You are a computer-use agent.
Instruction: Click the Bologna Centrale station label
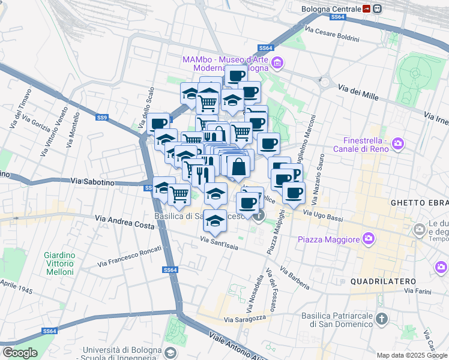pos(331,9)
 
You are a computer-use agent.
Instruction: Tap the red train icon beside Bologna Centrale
pos(366,9)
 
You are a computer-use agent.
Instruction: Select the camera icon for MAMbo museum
pos(277,62)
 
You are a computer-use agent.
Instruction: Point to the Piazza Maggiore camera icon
pos(369,239)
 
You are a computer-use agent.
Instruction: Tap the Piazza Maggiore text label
pos(328,239)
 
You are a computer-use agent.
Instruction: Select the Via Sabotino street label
pos(92,181)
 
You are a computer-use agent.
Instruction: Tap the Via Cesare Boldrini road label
pos(332,34)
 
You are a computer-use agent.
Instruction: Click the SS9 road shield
pos(101,118)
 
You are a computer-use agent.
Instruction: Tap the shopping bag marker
pos(239,166)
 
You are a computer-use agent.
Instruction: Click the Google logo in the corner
pos(19,353)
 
